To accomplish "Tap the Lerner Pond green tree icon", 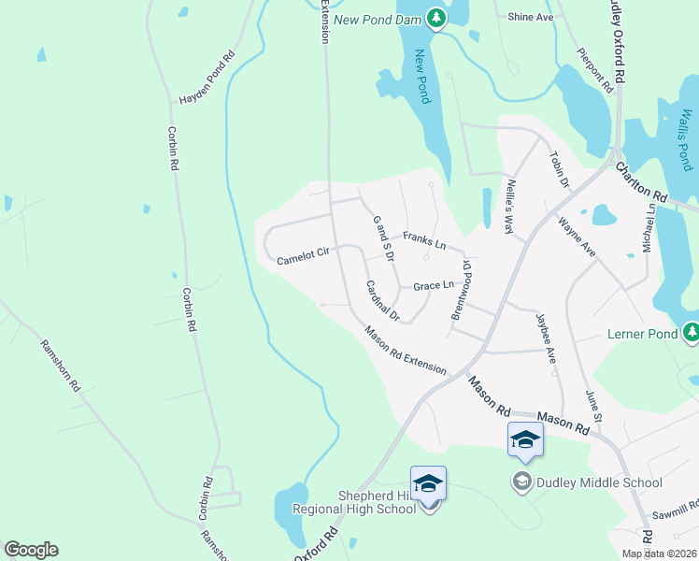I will pos(691,333).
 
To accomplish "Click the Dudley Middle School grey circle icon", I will pos(521,482).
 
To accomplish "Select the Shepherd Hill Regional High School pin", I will pos(428,484).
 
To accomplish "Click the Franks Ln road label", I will pos(424,240).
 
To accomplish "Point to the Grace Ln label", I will pos(434,284).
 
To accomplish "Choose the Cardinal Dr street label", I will pos(382,301).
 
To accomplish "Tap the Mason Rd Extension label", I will pos(406,349).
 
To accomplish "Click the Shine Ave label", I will pos(531,17).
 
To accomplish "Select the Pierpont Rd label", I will pos(594,70).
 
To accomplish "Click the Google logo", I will pos(31,550).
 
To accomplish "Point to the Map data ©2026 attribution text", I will pos(658,554).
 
